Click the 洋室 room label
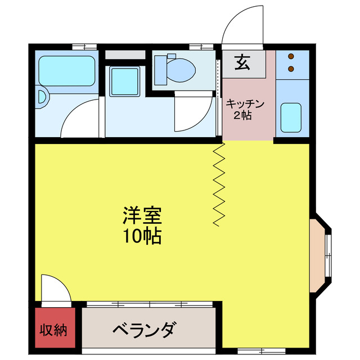(x=142, y=215)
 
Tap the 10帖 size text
(x=142, y=237)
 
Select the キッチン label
(x=245, y=104)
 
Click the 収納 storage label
(x=53, y=329)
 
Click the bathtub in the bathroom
(x=66, y=71)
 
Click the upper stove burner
(x=291, y=57)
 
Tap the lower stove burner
(x=291, y=69)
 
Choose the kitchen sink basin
(x=291, y=117)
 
